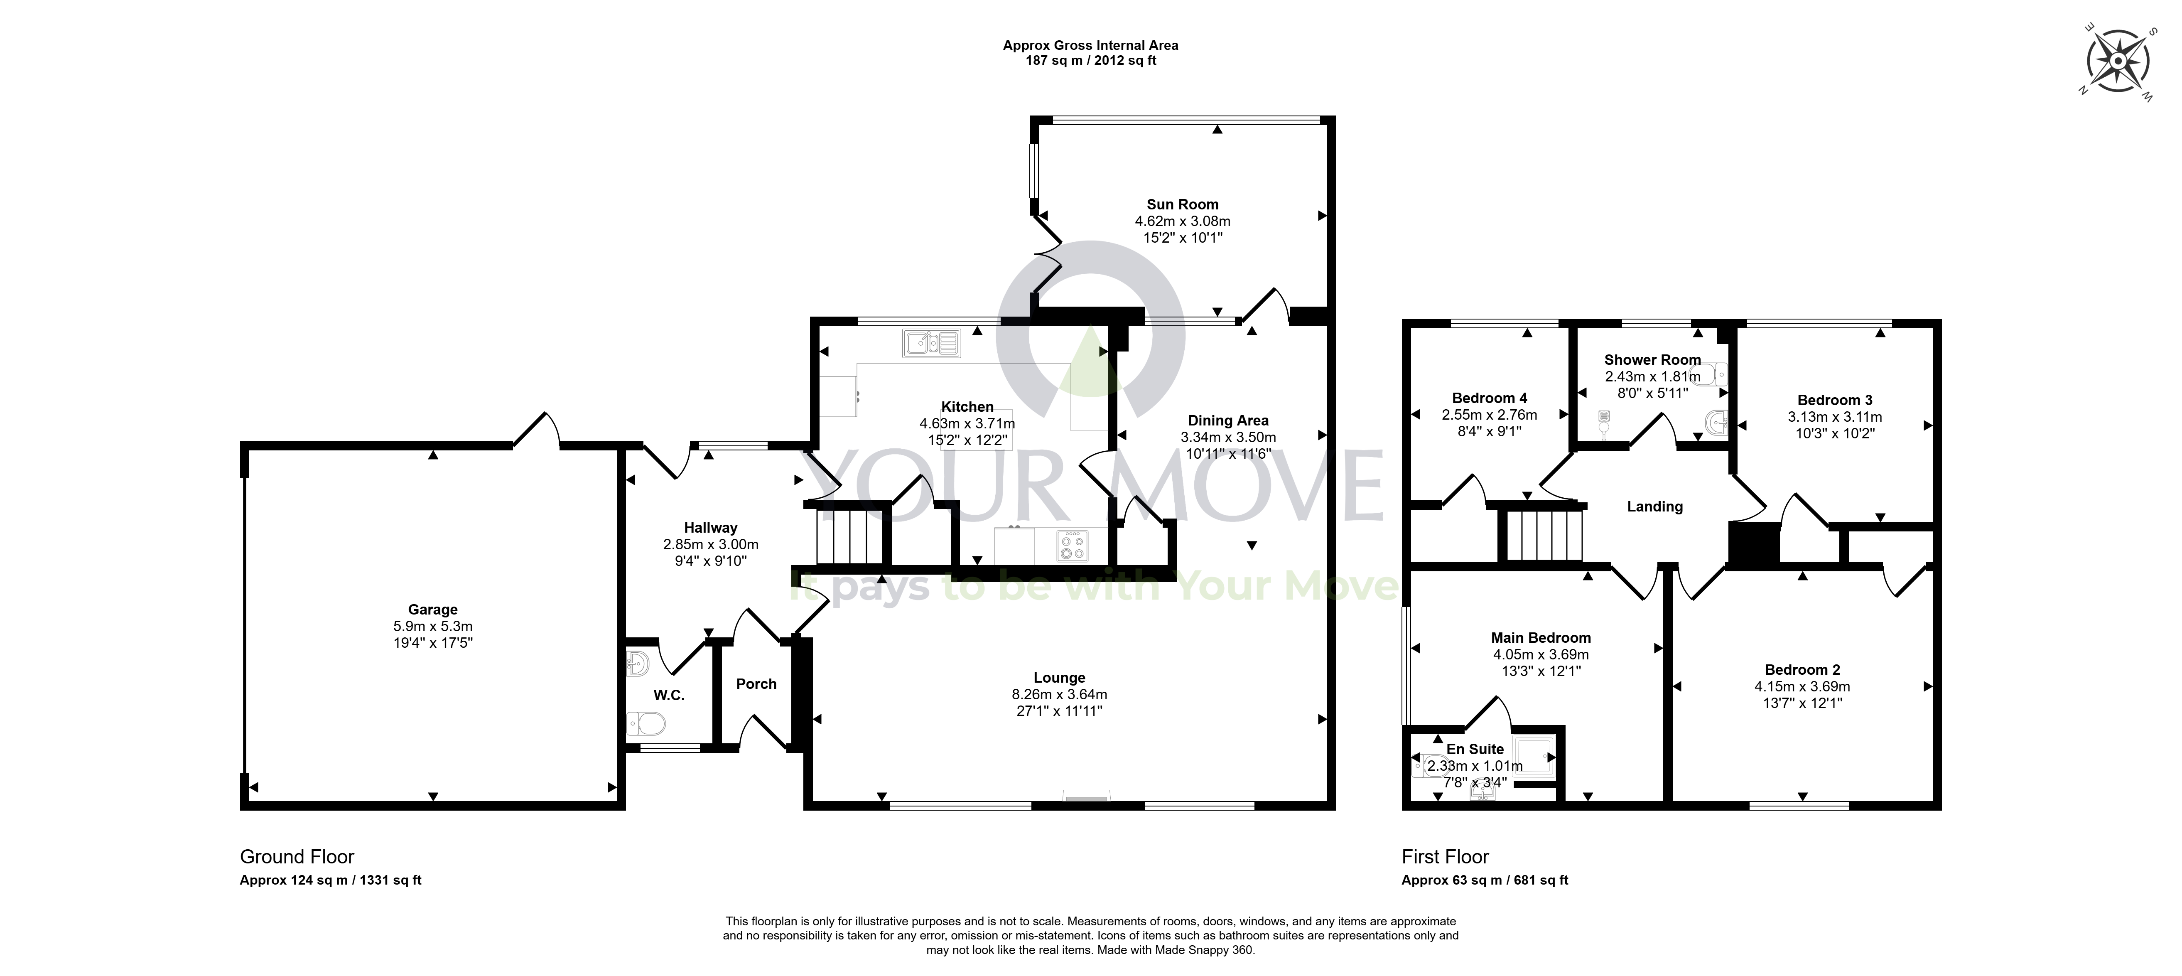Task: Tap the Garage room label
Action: click(x=433, y=609)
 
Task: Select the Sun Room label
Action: click(x=1183, y=204)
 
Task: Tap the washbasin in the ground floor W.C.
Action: click(x=637, y=664)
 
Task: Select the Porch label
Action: click(x=756, y=684)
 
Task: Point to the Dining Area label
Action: click(x=1228, y=420)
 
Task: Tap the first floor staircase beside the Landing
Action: click(x=1543, y=534)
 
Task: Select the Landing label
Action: click(x=1654, y=506)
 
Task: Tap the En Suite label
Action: click(x=1475, y=749)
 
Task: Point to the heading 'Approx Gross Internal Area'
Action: click(x=1090, y=45)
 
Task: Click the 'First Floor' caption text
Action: click(x=1445, y=856)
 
